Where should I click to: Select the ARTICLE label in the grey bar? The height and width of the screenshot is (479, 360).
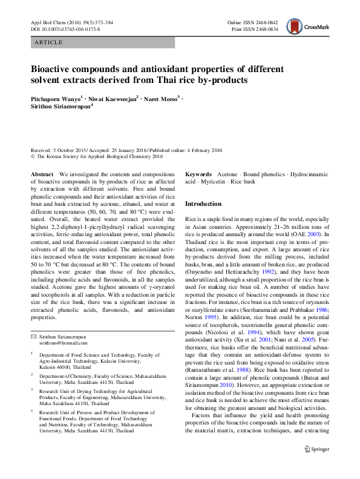(48, 43)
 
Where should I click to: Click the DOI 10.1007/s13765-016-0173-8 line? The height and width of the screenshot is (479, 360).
(65, 28)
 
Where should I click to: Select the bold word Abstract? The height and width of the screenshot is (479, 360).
(42, 174)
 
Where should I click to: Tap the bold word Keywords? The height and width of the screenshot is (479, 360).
(198, 174)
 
